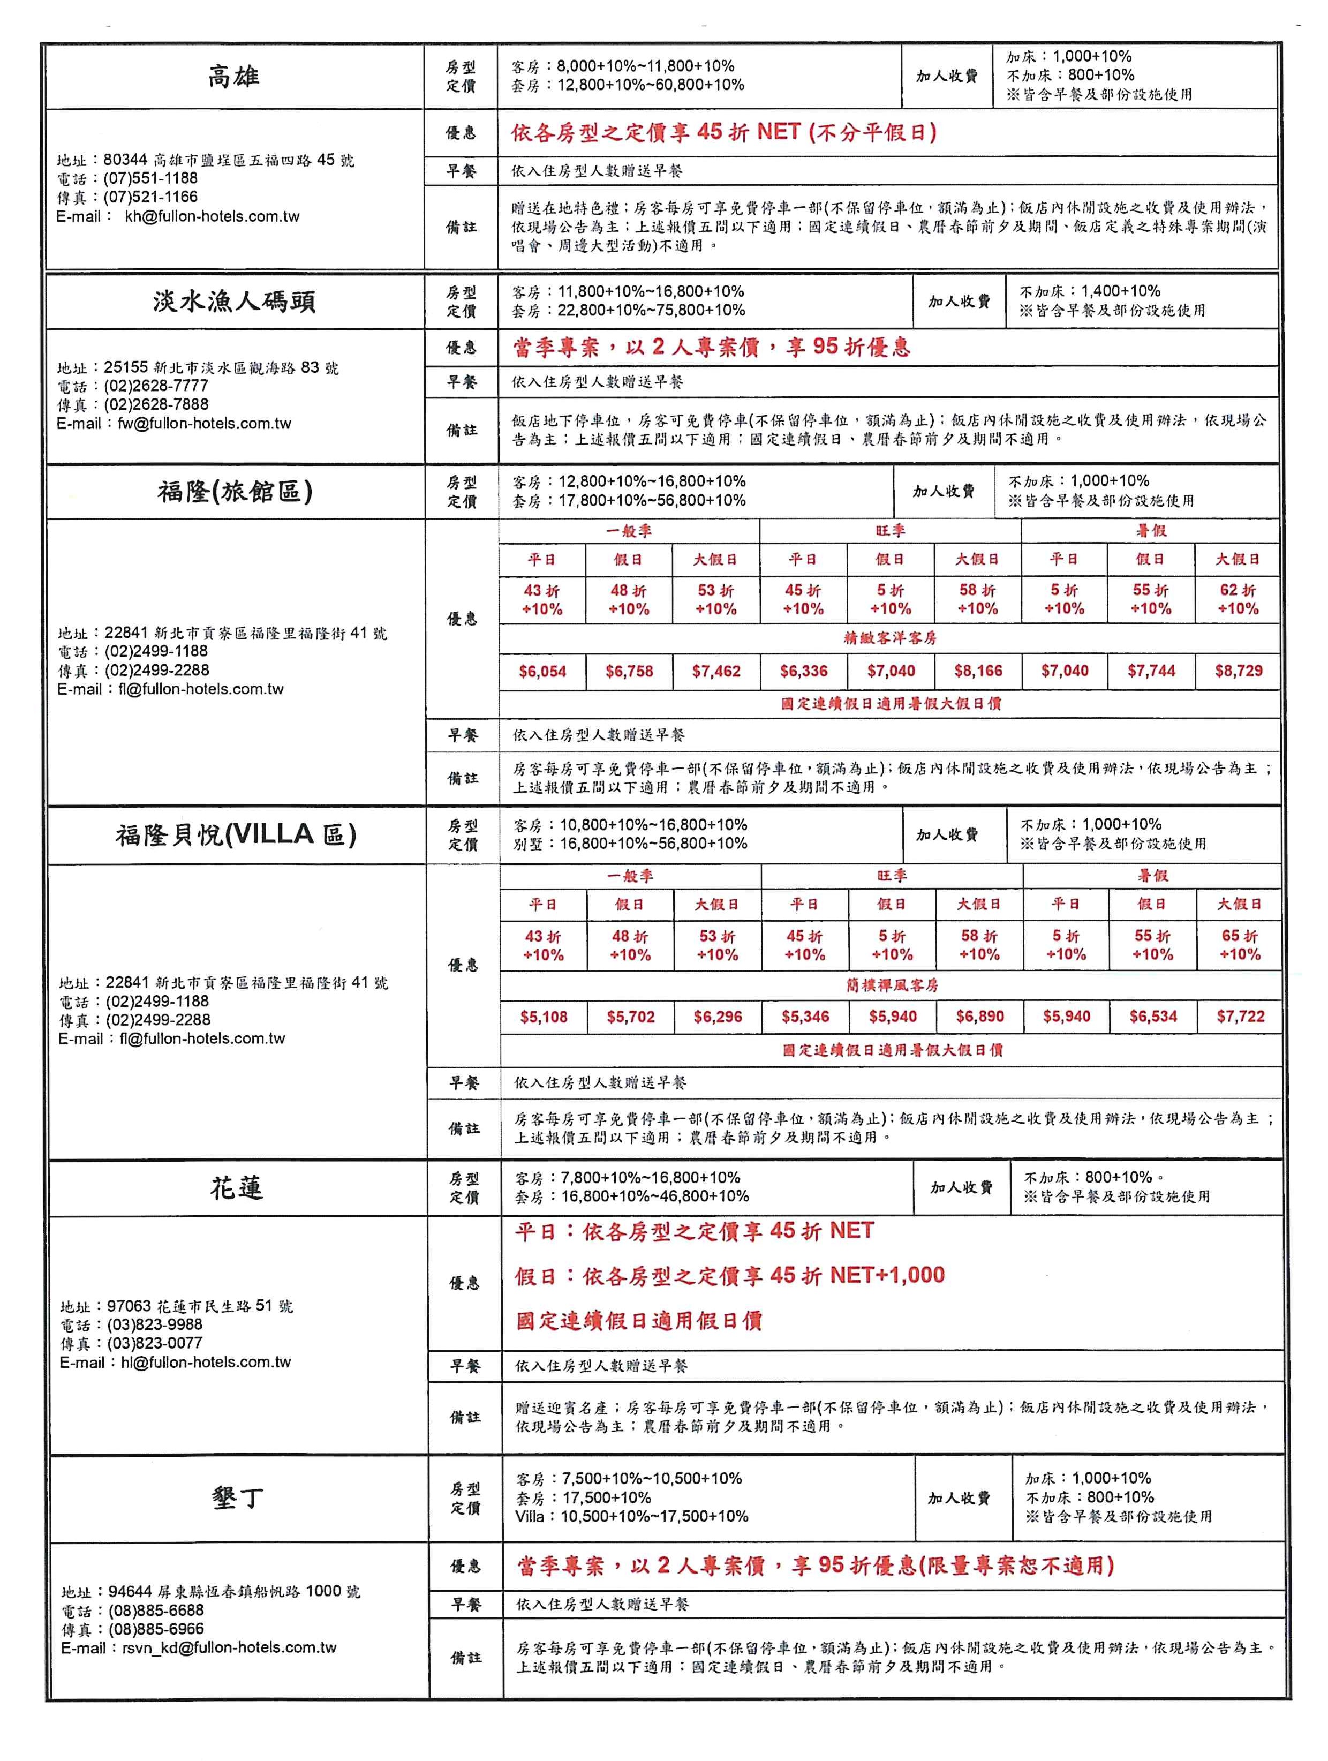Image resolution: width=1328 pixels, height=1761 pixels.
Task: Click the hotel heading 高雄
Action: (x=233, y=77)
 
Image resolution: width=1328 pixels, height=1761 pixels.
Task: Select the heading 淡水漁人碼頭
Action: (x=234, y=302)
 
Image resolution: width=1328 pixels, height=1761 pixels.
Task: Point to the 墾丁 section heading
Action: (x=237, y=1497)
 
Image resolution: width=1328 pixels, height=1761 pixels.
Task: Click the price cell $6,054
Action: (x=542, y=671)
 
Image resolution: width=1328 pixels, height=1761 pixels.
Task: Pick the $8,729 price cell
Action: (x=1238, y=671)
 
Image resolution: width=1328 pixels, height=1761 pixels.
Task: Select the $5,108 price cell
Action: (x=544, y=1017)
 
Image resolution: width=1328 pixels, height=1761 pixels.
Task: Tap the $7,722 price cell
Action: (x=1240, y=1016)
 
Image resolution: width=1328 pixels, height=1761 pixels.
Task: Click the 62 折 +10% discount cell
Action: (x=1238, y=599)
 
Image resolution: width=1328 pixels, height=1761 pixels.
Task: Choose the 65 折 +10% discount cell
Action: (x=1240, y=945)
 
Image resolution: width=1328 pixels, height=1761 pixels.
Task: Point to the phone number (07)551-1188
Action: (x=150, y=178)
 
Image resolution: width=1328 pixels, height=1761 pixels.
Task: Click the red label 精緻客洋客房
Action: (x=889, y=638)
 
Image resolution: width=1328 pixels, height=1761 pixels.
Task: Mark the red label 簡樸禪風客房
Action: (x=892, y=985)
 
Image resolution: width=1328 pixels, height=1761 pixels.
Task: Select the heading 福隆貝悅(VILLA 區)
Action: (x=236, y=834)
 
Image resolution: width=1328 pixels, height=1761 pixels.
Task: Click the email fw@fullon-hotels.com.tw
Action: (x=205, y=424)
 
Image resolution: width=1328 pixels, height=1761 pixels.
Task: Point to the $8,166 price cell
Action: (x=978, y=671)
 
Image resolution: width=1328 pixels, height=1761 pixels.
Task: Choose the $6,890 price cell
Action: (x=980, y=1017)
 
